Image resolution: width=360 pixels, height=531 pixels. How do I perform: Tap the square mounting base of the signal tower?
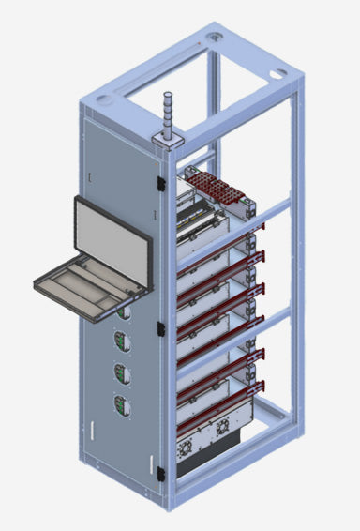[168, 140]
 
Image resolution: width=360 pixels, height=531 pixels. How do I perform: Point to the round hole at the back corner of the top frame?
[217, 36]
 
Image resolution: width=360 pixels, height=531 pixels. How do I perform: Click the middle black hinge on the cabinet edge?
[162, 327]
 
